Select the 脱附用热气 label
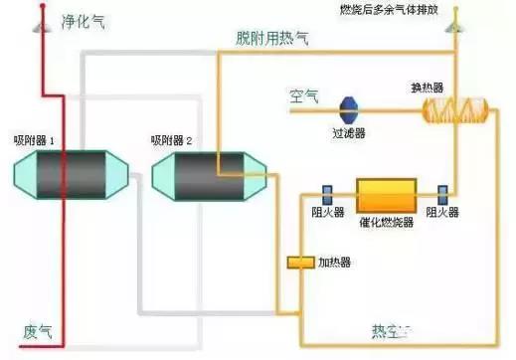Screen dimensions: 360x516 coord(272,38)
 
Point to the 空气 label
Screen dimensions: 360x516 coord(303,96)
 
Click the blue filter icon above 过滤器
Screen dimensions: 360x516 coord(349,107)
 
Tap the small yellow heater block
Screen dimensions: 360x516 coord(299,263)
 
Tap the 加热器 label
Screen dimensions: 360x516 coord(333,263)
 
